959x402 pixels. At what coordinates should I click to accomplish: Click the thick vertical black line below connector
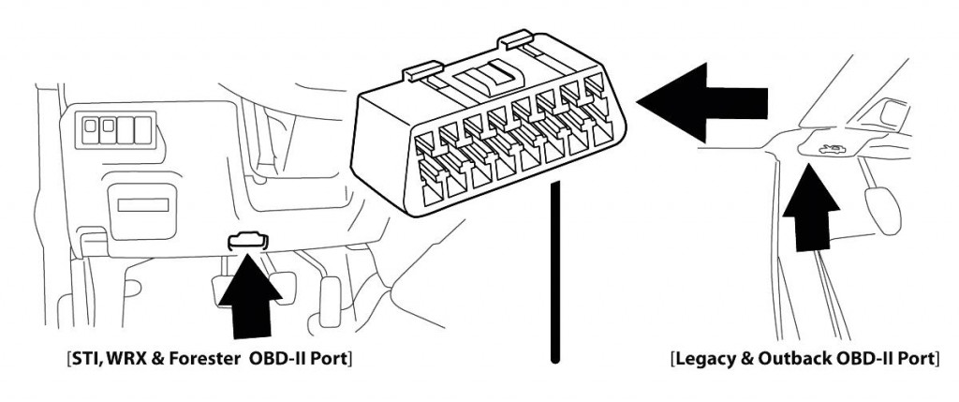click(556, 272)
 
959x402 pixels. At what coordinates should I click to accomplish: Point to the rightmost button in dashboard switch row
click(141, 127)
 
